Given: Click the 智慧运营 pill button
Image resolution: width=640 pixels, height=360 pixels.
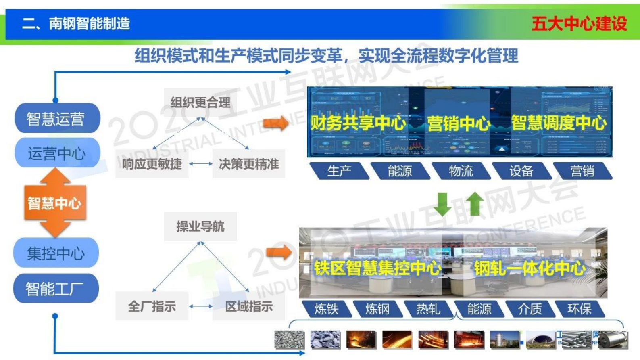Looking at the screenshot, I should (x=57, y=119).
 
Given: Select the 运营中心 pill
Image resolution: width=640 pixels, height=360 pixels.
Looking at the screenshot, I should (x=57, y=153).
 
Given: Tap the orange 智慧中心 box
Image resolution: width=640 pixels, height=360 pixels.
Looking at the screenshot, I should (x=55, y=203).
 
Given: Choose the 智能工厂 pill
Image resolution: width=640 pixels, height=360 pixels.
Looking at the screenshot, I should (x=56, y=289).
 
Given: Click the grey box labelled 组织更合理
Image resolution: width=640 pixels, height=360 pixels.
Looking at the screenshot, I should (x=200, y=102).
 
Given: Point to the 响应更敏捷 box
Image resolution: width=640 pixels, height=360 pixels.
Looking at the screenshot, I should (x=152, y=164).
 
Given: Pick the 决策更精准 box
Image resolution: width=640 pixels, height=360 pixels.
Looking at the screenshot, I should (x=248, y=164).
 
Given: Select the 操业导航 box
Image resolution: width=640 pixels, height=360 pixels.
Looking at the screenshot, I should (x=200, y=226).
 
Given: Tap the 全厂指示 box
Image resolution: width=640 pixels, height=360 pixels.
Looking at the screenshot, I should (x=152, y=306).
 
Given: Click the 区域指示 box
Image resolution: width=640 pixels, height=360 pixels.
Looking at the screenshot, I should (x=248, y=306).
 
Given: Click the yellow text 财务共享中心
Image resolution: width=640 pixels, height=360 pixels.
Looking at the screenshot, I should (x=358, y=123).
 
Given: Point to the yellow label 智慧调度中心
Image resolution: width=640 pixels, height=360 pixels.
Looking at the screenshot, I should (x=559, y=123).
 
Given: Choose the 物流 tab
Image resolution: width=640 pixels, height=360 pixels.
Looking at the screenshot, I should (x=461, y=171).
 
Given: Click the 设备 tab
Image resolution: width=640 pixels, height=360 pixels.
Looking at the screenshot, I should (x=521, y=171).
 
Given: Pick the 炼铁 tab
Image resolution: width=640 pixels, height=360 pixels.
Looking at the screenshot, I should (x=326, y=309).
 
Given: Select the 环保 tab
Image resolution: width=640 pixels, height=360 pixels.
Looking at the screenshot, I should (x=579, y=309).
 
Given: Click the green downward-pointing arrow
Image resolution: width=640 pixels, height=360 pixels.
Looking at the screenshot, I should (x=442, y=203).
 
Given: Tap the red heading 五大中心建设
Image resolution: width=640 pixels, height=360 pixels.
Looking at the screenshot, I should (x=579, y=23).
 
